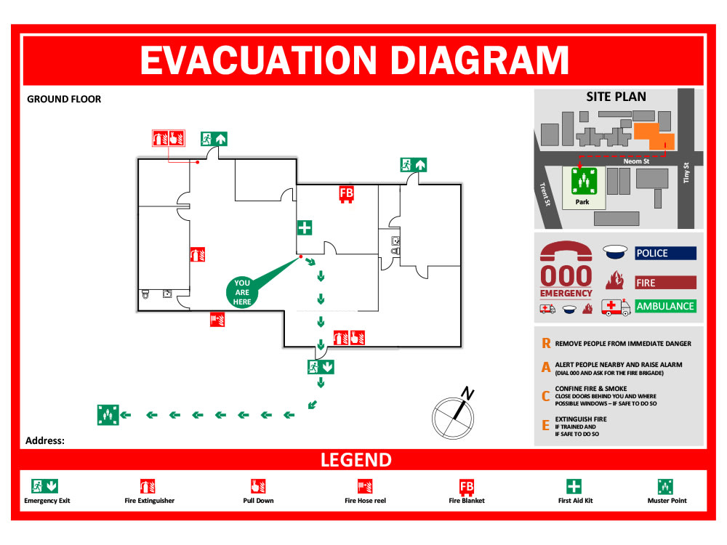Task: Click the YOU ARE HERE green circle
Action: pos(242,292)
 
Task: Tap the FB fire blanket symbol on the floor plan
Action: pos(347,194)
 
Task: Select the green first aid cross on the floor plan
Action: pos(305,227)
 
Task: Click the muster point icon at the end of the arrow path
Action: pos(108,415)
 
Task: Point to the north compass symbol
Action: pos(453,416)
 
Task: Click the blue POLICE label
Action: pos(665,253)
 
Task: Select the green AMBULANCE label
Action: pos(665,306)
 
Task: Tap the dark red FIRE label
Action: pos(665,283)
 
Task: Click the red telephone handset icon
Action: pos(566,251)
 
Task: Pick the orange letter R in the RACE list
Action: pos(546,344)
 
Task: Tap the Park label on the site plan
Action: pos(582,202)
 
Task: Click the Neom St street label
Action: pos(636,161)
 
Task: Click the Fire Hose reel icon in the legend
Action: pos(365,486)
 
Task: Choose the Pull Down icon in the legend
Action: pos(258,486)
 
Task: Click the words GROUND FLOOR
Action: pos(64,99)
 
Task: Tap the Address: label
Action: pos(45,440)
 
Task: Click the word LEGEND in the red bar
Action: pos(356,460)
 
